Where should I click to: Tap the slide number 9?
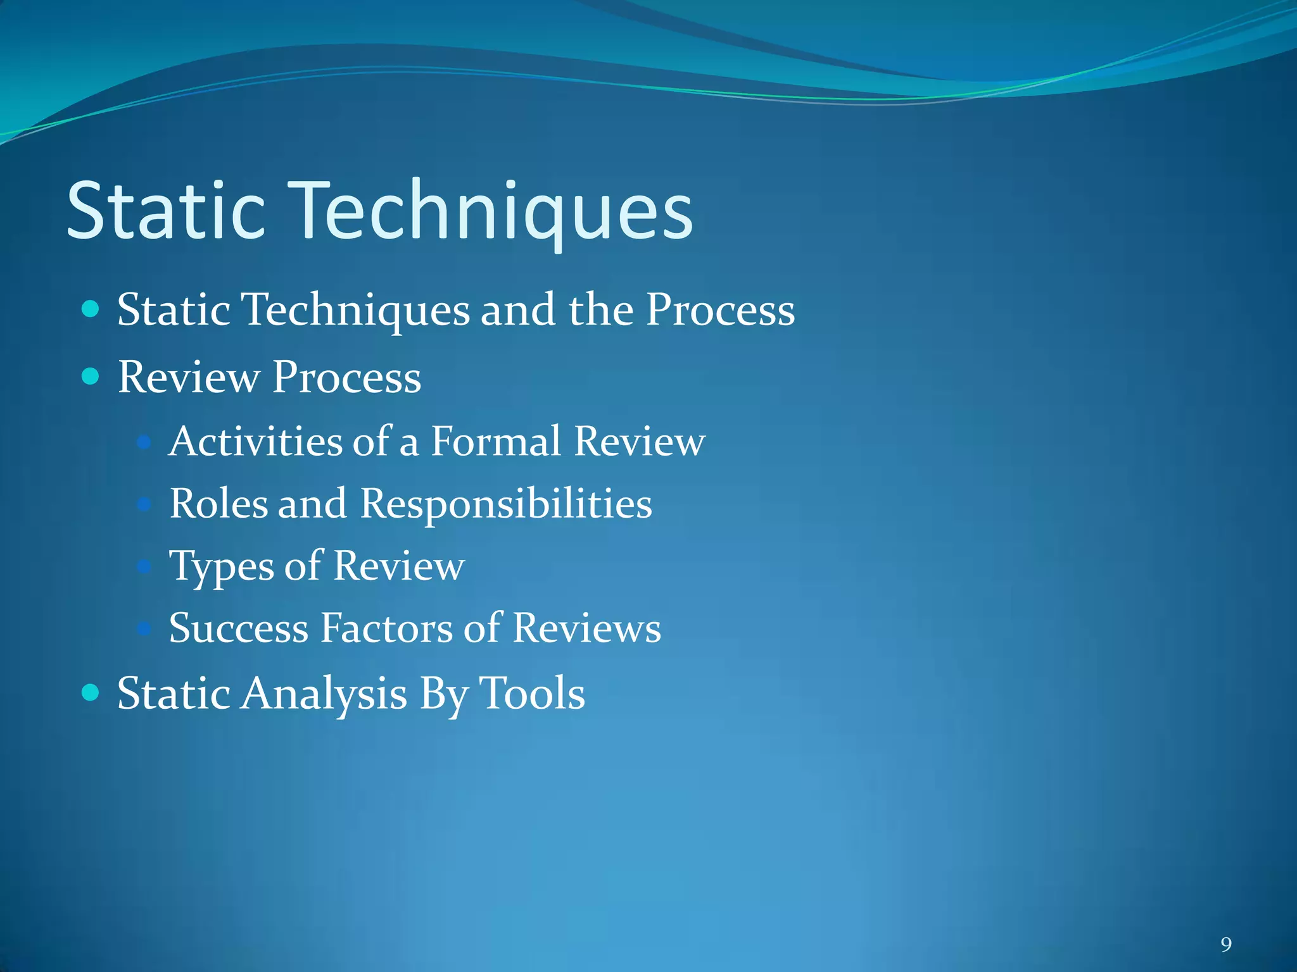[x=1226, y=945]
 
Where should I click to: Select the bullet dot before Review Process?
[x=91, y=377]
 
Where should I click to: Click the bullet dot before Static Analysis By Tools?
[x=91, y=692]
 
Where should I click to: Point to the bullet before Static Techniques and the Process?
[x=91, y=309]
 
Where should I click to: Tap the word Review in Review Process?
[x=188, y=377]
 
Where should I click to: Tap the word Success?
[x=239, y=628]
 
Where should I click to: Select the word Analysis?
[x=325, y=694]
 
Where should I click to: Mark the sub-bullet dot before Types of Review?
[x=144, y=566]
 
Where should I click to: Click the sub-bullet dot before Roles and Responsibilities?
[x=144, y=504]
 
